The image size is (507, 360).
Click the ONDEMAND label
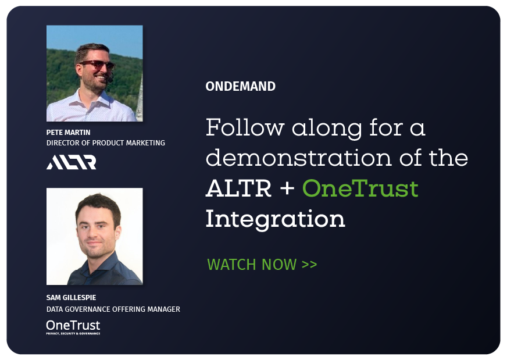pos(241,86)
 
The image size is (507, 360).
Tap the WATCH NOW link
pos(262,264)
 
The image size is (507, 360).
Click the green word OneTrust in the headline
pos(360,188)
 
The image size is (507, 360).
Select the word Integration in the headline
pos(276,220)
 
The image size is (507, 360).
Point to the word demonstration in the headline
pos(298,158)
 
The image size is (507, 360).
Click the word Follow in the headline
pos(245,127)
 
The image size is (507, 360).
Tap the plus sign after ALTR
pos(287,189)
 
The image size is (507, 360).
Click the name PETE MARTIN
pos(68,132)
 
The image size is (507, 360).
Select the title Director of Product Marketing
pos(106,142)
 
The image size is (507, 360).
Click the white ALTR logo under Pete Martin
pos(71,162)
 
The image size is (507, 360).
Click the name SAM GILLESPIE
pos(71,298)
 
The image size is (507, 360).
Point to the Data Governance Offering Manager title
pos(113,309)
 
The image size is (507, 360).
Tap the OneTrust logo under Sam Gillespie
pos(73,327)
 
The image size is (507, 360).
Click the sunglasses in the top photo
pos(97,65)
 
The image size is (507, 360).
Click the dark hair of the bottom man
pos(98,206)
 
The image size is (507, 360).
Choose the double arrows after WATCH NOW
pos(309,265)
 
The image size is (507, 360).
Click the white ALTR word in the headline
pos(238,188)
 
